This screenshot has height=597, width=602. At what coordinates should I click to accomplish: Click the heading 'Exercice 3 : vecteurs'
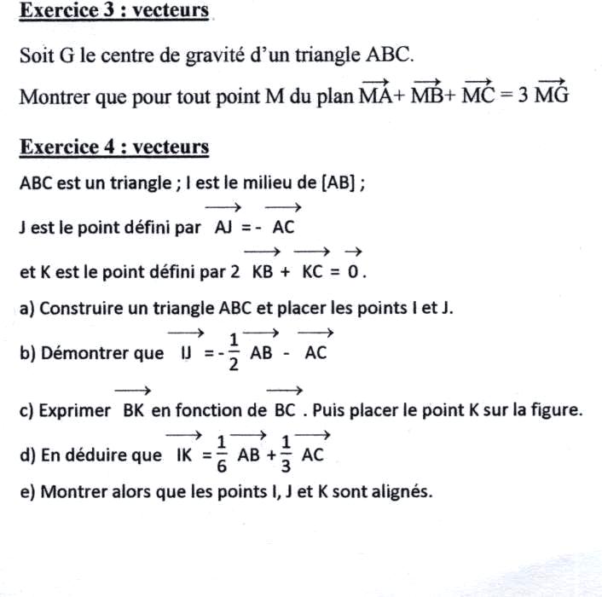click(x=114, y=11)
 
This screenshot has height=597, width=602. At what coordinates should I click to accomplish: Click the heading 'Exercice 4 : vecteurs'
click(x=114, y=147)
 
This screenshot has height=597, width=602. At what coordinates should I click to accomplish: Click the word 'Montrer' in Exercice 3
click(x=52, y=96)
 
